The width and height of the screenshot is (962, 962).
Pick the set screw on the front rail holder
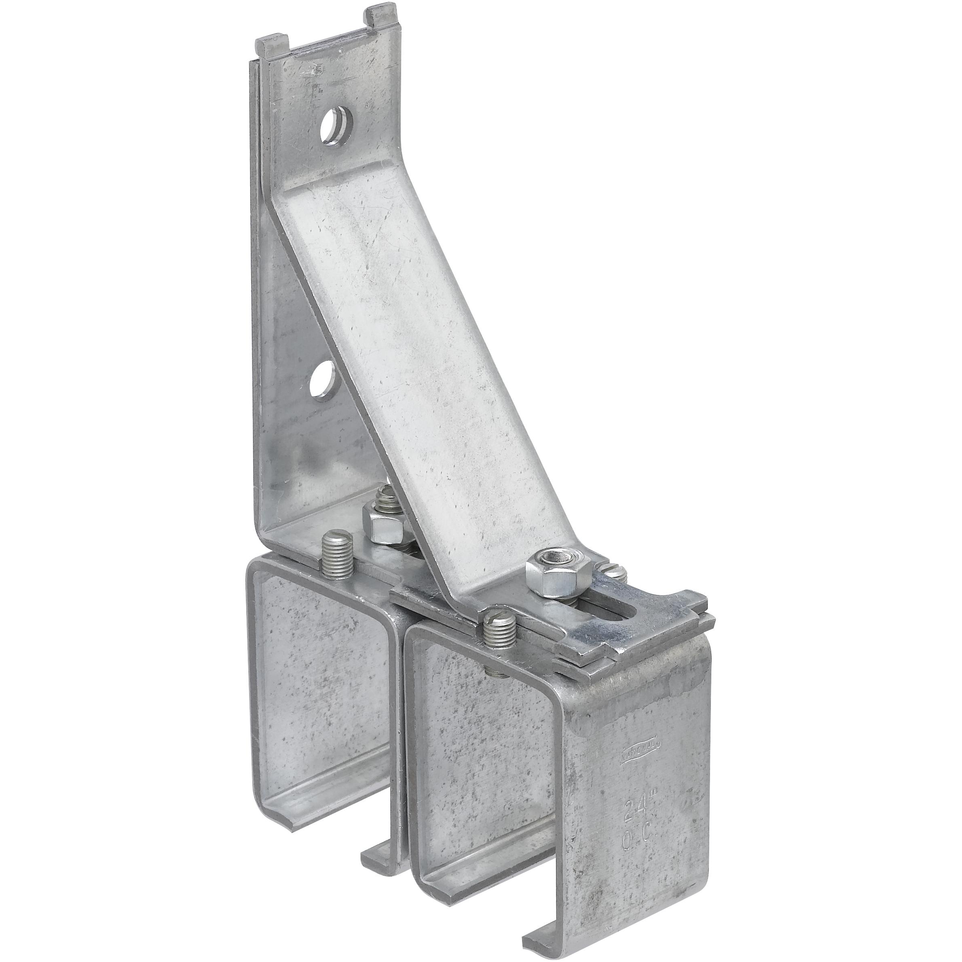[497, 626]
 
